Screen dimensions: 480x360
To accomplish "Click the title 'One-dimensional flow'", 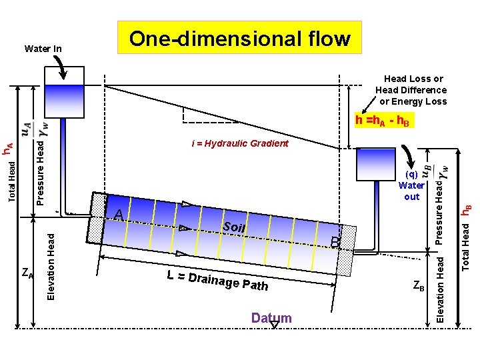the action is [239, 38].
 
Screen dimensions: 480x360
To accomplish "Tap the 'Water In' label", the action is [43, 49].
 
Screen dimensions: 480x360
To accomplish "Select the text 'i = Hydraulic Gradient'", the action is [240, 143].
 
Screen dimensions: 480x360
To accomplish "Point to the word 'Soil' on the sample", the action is [235, 227].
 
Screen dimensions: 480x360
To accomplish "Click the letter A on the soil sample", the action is [118, 214].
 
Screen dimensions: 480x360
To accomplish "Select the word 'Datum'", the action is [271, 318].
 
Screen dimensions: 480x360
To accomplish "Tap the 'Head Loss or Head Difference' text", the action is [411, 90].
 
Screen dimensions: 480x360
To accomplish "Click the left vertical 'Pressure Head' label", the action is [41, 169].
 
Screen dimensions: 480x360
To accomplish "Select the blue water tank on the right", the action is [376, 164].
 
